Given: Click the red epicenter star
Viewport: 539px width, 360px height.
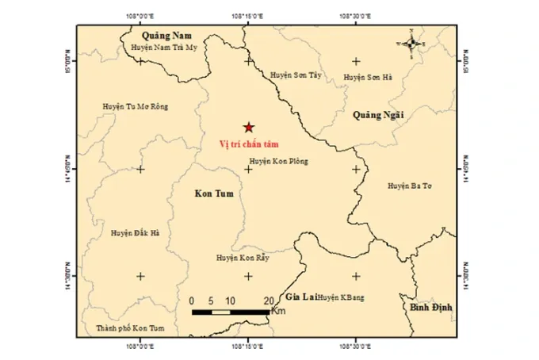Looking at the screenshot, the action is (249, 127).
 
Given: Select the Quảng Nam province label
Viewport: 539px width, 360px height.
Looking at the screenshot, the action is (167, 35).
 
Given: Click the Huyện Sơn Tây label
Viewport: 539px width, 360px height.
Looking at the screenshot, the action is (296, 72).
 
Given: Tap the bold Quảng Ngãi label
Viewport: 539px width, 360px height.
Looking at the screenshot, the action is (378, 114).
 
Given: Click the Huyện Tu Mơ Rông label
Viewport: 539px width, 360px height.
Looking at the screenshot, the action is (136, 106).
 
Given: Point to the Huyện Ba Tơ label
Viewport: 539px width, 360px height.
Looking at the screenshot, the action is (409, 186).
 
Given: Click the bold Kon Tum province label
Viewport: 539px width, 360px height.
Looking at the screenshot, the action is (214, 193).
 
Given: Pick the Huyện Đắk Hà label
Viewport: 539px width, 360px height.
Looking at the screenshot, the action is (136, 233).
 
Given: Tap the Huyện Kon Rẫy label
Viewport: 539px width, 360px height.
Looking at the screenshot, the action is (243, 259).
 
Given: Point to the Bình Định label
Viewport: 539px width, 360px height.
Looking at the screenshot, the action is (429, 306).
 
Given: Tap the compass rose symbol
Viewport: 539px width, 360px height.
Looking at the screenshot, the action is (412, 44).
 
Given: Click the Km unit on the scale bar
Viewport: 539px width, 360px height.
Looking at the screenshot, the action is (277, 312).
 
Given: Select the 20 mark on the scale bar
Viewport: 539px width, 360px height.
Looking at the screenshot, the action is (268, 301).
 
